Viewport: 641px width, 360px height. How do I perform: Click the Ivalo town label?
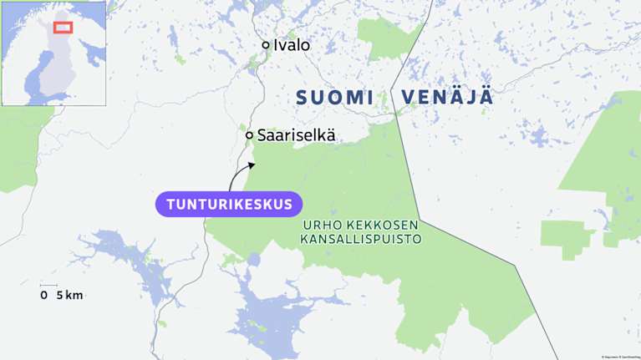pyautogui.click(x=292, y=45)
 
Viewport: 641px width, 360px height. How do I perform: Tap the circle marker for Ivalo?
pyautogui.click(x=266, y=45)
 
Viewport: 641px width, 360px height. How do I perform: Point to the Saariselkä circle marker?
pyautogui.click(x=249, y=134)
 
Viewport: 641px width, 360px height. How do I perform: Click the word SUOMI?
pyautogui.click(x=334, y=97)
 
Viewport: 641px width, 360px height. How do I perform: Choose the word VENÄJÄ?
pyautogui.click(x=447, y=97)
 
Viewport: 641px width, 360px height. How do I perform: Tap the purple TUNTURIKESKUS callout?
pyautogui.click(x=228, y=204)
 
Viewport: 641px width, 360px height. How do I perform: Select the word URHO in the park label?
pyautogui.click(x=318, y=226)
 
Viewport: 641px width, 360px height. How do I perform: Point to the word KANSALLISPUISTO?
pyautogui.click(x=360, y=239)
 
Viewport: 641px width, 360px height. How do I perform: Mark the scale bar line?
pyautogui.click(x=48, y=286)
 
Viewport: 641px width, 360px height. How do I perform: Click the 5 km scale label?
pyautogui.click(x=69, y=295)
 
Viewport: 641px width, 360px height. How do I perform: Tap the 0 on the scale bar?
pyautogui.click(x=43, y=295)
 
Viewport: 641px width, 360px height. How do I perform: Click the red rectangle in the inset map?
pyautogui.click(x=64, y=27)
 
